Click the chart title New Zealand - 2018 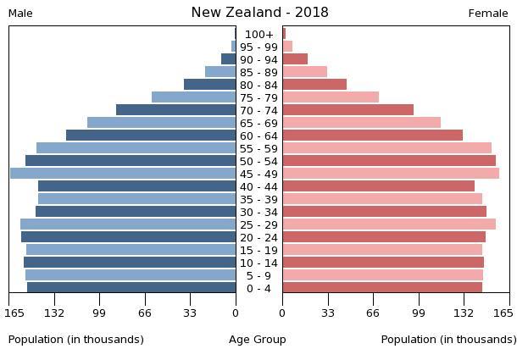[x=259, y=13]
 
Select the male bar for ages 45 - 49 [x=123, y=174]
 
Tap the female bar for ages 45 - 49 [x=391, y=174]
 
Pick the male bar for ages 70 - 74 [x=175, y=110]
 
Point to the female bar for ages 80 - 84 [x=314, y=85]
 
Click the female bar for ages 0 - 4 [x=382, y=288]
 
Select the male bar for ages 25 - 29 [x=128, y=224]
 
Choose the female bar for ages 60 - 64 [x=373, y=136]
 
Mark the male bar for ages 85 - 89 [x=220, y=72]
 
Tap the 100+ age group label [x=259, y=34]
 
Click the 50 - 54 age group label [x=259, y=161]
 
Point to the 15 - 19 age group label [x=259, y=250]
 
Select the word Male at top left [x=20, y=14]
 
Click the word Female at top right [x=488, y=14]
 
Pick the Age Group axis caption [x=258, y=340]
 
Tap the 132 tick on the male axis [x=54, y=313]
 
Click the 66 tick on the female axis [x=373, y=313]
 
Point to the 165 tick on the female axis [x=503, y=313]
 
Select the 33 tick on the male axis [x=190, y=313]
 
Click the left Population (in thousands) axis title [x=76, y=340]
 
